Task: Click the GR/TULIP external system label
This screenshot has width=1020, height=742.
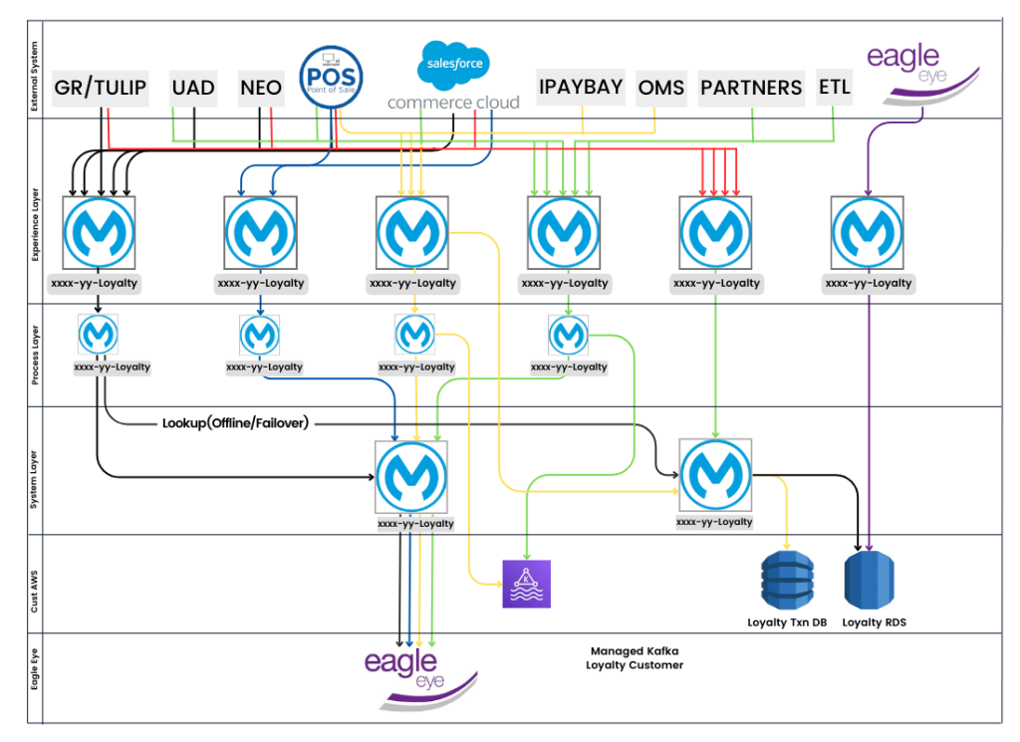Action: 100,88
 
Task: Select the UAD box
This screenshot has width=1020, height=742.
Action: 193,88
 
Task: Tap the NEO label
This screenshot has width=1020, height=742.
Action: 261,88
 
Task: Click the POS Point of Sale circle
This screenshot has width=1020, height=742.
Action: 331,74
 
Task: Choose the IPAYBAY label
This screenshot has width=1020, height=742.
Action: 581,87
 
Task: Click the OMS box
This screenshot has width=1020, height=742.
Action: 661,88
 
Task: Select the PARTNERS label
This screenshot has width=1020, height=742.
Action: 751,88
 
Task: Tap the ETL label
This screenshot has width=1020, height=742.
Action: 835,87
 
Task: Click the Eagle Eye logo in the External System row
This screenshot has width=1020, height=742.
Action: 918,68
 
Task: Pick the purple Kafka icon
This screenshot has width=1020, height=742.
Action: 526,584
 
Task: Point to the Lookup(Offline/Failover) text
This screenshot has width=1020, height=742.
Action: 235,423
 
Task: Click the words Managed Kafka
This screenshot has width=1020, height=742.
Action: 634,650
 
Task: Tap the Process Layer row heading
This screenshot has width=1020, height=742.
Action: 34,354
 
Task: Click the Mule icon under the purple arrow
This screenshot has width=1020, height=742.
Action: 867,233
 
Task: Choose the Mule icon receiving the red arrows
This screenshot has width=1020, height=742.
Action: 715,233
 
